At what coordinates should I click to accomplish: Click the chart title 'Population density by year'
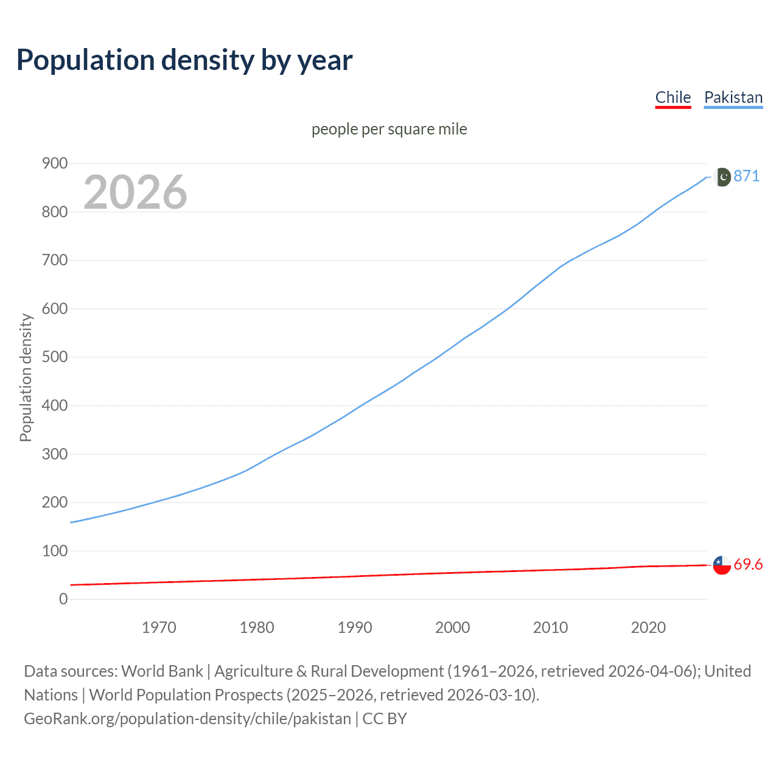coord(184,60)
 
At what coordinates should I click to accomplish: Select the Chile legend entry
coord(672,97)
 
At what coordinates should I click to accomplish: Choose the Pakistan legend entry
coord(733,97)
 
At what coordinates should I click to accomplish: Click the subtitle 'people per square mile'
coord(389,129)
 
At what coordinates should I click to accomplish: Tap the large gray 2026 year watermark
coord(135,192)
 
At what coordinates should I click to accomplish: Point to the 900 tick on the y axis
coord(54,163)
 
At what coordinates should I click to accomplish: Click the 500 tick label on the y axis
coord(54,357)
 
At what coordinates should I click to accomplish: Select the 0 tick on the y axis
coord(63,599)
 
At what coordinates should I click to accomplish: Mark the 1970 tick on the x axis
coord(159,627)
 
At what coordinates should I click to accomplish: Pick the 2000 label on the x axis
coord(452,627)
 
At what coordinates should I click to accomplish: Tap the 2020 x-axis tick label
coord(648,627)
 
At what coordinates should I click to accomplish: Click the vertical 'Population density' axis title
coord(26,377)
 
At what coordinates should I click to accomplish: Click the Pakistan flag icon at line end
coord(722,176)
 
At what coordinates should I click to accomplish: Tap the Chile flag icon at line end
coord(722,565)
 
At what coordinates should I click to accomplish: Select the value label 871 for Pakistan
coord(747,176)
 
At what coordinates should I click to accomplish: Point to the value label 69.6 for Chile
coord(748,564)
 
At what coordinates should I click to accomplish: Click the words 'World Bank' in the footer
coord(162,671)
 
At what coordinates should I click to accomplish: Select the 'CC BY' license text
coord(385,718)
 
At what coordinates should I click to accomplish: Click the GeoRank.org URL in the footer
coord(187,718)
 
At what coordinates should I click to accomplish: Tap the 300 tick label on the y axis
coord(54,453)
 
